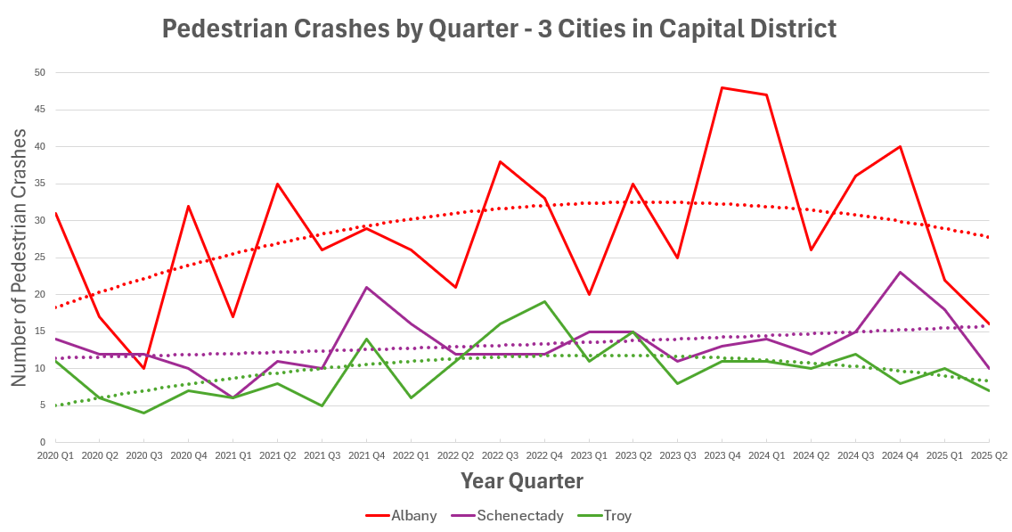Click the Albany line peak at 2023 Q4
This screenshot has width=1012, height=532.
click(x=722, y=87)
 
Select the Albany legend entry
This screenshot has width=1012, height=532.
click(x=401, y=515)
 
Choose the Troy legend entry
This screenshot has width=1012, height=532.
click(x=605, y=515)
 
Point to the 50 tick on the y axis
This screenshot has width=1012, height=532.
click(x=40, y=72)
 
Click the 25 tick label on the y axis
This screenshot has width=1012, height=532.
click(x=40, y=258)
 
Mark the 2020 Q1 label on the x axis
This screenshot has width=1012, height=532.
click(x=54, y=454)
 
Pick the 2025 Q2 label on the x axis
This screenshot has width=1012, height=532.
click(x=989, y=454)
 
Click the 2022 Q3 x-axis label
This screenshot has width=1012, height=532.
click(x=500, y=454)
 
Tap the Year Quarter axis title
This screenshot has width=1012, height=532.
click(x=521, y=481)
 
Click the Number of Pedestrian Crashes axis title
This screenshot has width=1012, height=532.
click(x=20, y=257)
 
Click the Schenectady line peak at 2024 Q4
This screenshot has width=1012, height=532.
click(x=901, y=272)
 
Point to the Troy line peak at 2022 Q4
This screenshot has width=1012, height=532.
click(x=544, y=301)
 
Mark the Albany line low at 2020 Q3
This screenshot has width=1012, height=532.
click(x=143, y=368)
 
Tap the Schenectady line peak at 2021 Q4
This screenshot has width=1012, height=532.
click(x=366, y=287)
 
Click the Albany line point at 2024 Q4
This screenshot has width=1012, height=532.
click(x=901, y=146)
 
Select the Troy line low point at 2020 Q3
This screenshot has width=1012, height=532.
click(x=143, y=413)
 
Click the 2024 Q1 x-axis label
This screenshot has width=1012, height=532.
click(x=766, y=454)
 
